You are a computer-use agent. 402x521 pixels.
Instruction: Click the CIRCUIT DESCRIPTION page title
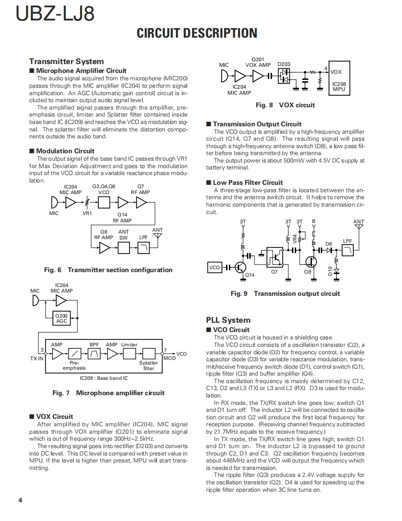(x=197, y=33)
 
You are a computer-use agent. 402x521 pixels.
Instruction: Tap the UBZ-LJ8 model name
(x=55, y=14)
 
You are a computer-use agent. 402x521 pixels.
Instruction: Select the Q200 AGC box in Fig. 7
(x=61, y=318)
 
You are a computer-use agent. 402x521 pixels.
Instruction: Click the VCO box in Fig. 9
(x=214, y=267)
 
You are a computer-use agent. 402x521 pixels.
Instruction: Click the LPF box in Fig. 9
(x=348, y=251)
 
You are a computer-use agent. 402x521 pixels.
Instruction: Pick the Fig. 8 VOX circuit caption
(x=285, y=105)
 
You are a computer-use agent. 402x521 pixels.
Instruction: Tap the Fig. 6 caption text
(x=108, y=270)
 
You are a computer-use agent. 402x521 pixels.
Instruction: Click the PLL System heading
(x=228, y=320)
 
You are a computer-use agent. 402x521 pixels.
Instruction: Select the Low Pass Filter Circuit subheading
(x=248, y=182)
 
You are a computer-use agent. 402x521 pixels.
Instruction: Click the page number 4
(x=20, y=500)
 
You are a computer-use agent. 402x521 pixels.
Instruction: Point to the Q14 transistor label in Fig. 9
(x=250, y=275)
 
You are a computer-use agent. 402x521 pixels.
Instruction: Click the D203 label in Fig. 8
(x=284, y=65)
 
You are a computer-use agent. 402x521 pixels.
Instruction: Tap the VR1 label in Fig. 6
(x=87, y=214)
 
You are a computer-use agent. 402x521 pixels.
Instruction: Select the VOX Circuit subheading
(x=55, y=417)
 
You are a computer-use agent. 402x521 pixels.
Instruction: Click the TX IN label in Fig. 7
(x=37, y=358)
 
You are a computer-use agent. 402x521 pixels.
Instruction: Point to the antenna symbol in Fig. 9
(x=358, y=228)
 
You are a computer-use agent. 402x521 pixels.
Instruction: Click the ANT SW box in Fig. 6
(x=124, y=248)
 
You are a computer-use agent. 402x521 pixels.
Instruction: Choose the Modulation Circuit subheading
(x=65, y=151)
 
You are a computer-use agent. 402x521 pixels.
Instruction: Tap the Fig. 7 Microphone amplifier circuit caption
(x=108, y=393)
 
